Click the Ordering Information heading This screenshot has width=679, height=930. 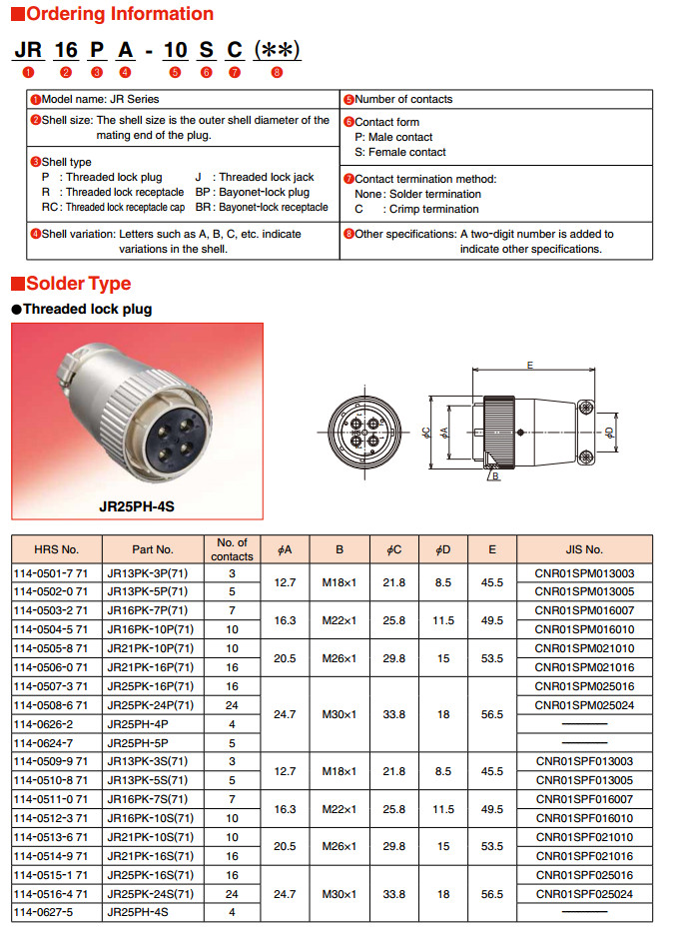[119, 14]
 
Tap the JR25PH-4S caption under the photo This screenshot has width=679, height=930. [136, 506]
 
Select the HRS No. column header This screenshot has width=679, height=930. [56, 549]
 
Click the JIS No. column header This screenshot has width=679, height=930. [583, 549]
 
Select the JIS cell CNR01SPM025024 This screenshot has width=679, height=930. [584, 705]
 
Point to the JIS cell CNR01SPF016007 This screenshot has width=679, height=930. [584, 799]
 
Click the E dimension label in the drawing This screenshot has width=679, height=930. [530, 366]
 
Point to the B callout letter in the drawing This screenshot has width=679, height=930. [496, 477]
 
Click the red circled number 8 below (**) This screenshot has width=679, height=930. [277, 72]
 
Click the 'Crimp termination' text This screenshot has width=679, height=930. [434, 210]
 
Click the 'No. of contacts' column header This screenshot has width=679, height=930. [232, 549]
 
